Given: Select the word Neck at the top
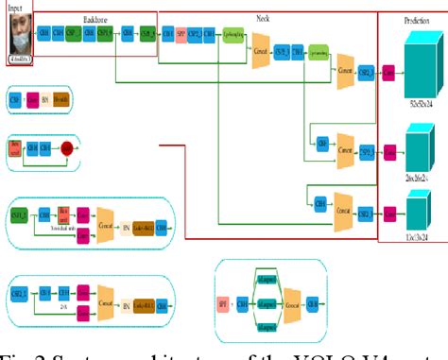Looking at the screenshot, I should point(263,18).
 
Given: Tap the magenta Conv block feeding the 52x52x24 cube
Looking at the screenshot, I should point(388,71).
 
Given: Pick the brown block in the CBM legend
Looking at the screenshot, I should point(61,98).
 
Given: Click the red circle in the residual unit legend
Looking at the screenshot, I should point(67,147).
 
